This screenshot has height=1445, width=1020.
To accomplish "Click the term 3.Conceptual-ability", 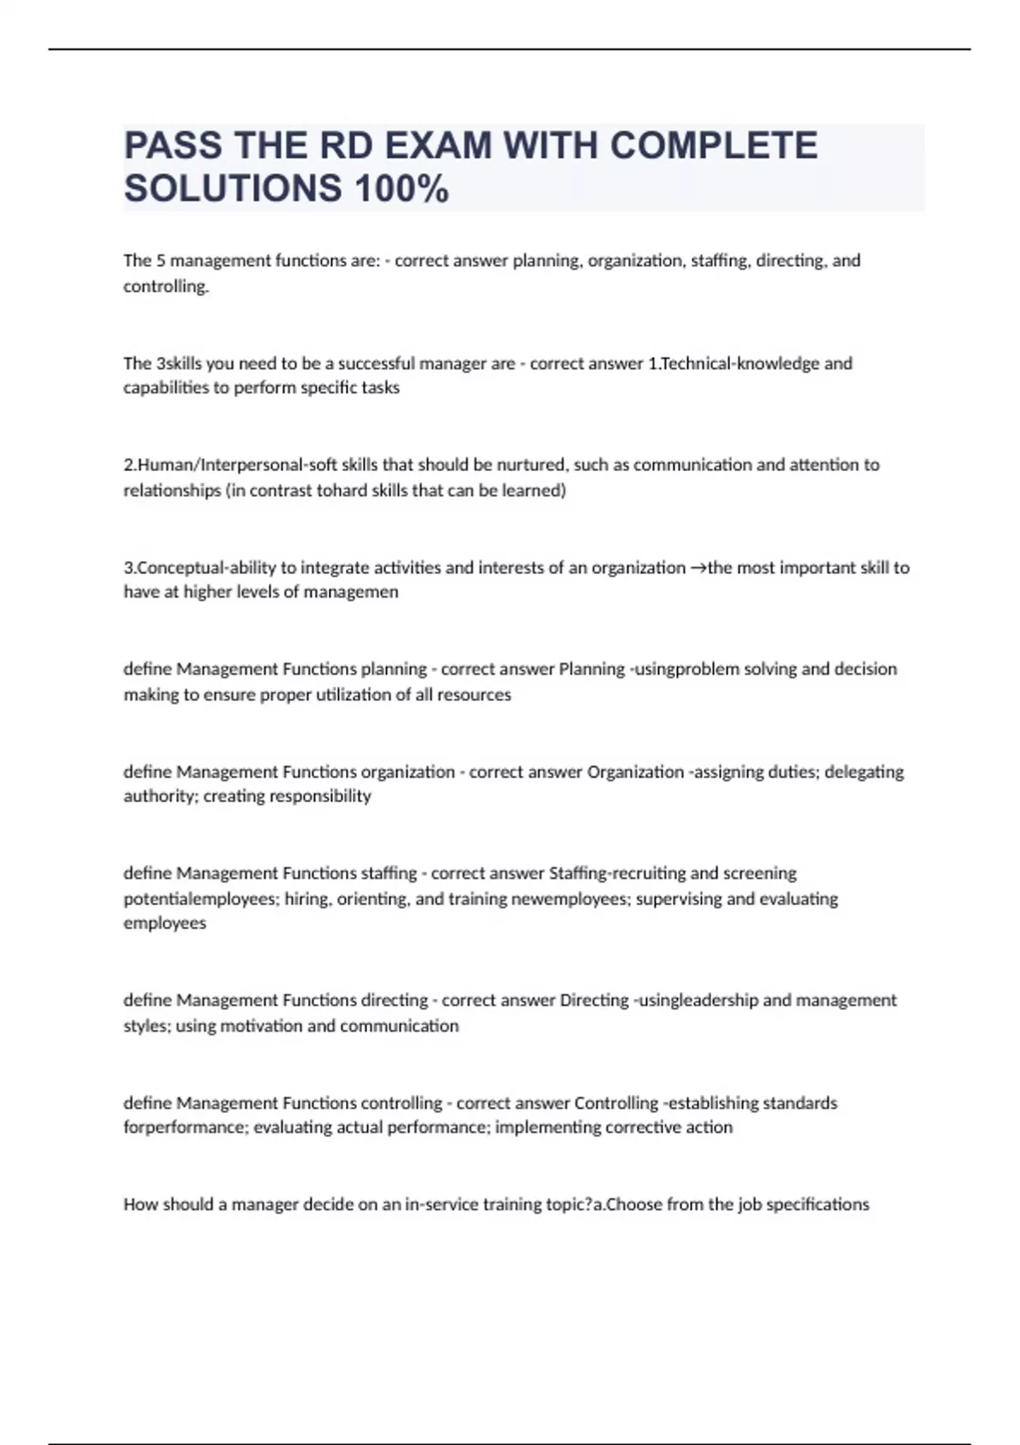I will (x=200, y=568).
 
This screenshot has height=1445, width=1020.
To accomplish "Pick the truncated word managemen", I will (x=350, y=592).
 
